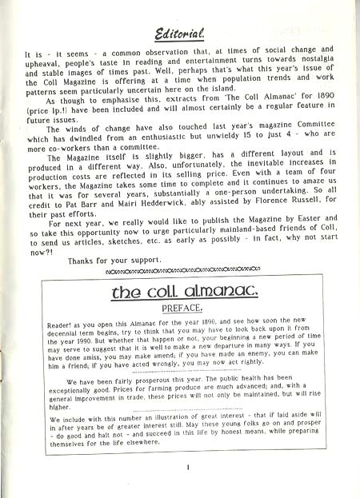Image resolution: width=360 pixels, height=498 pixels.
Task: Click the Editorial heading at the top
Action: click(179, 34)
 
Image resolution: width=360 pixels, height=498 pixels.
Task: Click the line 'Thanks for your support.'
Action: click(111, 261)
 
